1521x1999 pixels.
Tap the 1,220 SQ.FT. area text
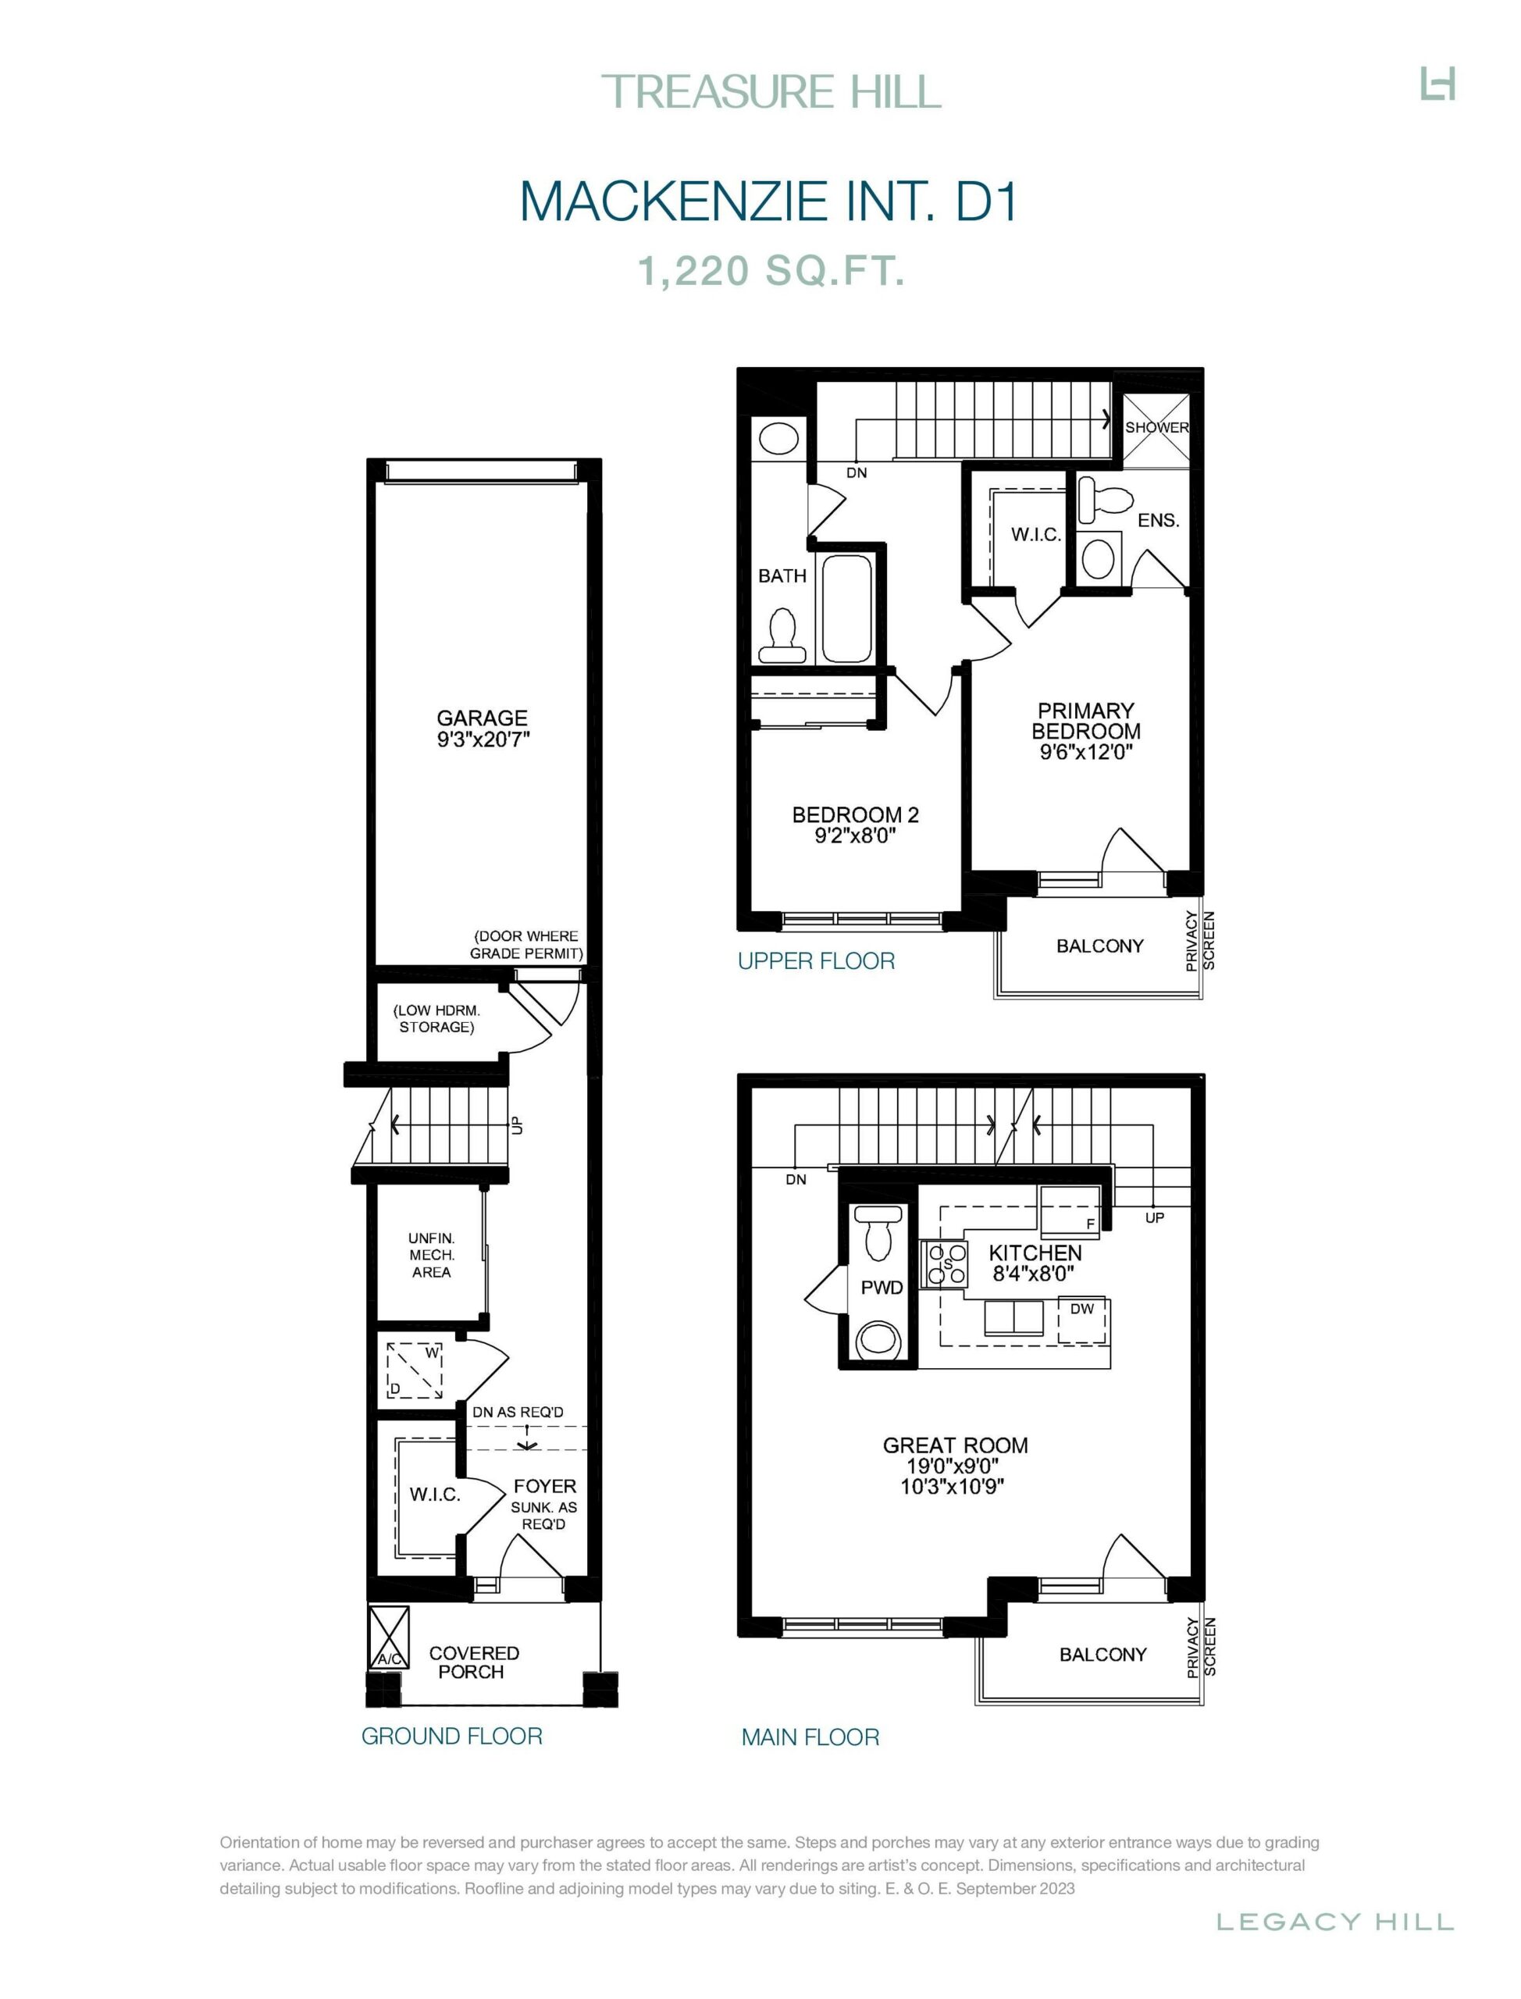click(x=772, y=271)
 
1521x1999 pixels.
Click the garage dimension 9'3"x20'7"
click(x=483, y=739)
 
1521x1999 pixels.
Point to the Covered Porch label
click(x=473, y=1662)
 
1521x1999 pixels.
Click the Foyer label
click(x=545, y=1487)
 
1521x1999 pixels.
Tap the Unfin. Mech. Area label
click(x=431, y=1255)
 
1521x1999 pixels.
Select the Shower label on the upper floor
click(x=1156, y=427)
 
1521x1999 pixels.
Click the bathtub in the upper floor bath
click(x=848, y=609)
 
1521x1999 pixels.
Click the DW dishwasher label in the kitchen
click(x=1082, y=1308)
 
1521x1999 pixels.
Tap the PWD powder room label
click(x=882, y=1288)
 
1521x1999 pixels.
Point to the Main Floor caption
click(x=810, y=1737)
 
